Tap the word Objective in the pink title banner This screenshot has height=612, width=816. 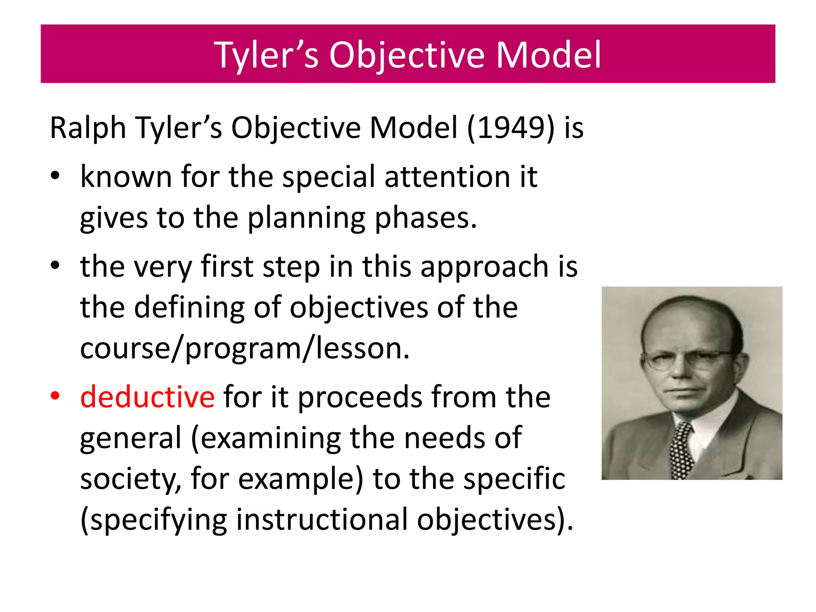407,55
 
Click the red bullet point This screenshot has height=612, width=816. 55,396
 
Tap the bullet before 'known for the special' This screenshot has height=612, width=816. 55,176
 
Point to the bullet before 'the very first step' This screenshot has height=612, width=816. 55,265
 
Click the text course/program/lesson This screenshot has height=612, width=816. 244,349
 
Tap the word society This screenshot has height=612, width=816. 130,479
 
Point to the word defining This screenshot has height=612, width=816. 189,308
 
